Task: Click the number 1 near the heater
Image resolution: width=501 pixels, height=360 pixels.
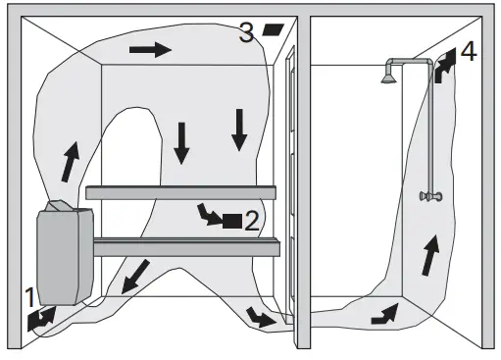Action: tap(29, 295)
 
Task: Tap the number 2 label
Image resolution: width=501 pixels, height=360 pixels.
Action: tap(251, 221)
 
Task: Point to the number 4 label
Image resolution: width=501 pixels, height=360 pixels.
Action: tap(469, 52)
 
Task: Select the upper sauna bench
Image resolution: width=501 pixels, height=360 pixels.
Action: tap(181, 192)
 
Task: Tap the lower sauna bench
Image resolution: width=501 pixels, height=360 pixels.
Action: tap(186, 246)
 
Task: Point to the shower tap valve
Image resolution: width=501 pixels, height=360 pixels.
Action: tap(428, 197)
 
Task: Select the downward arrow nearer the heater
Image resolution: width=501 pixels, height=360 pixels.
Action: tap(180, 142)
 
